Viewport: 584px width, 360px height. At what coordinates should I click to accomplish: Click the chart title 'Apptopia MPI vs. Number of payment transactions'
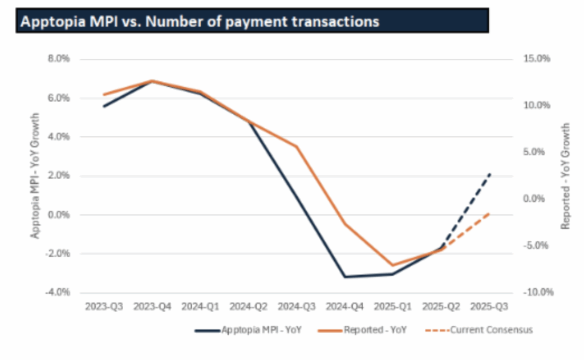200,21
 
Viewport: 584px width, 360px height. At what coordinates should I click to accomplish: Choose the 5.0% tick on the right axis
536,152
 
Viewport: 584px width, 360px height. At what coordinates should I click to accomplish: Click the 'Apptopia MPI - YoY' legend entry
256,330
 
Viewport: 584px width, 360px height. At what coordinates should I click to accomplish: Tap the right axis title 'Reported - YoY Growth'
565,176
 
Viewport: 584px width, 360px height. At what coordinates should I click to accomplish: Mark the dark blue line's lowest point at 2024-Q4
344,277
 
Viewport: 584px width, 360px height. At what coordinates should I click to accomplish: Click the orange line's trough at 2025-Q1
392,265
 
